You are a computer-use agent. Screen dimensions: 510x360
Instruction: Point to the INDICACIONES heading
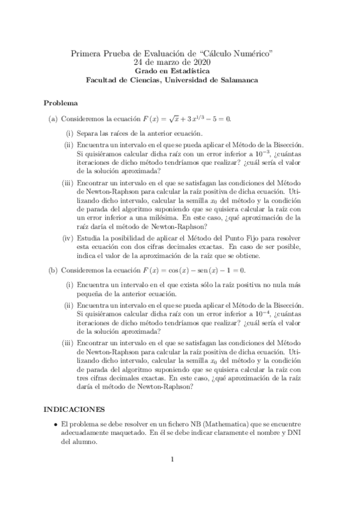tap(74, 409)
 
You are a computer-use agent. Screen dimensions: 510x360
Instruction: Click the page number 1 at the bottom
tap(172, 461)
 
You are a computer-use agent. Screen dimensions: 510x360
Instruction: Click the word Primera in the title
tap(87, 53)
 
